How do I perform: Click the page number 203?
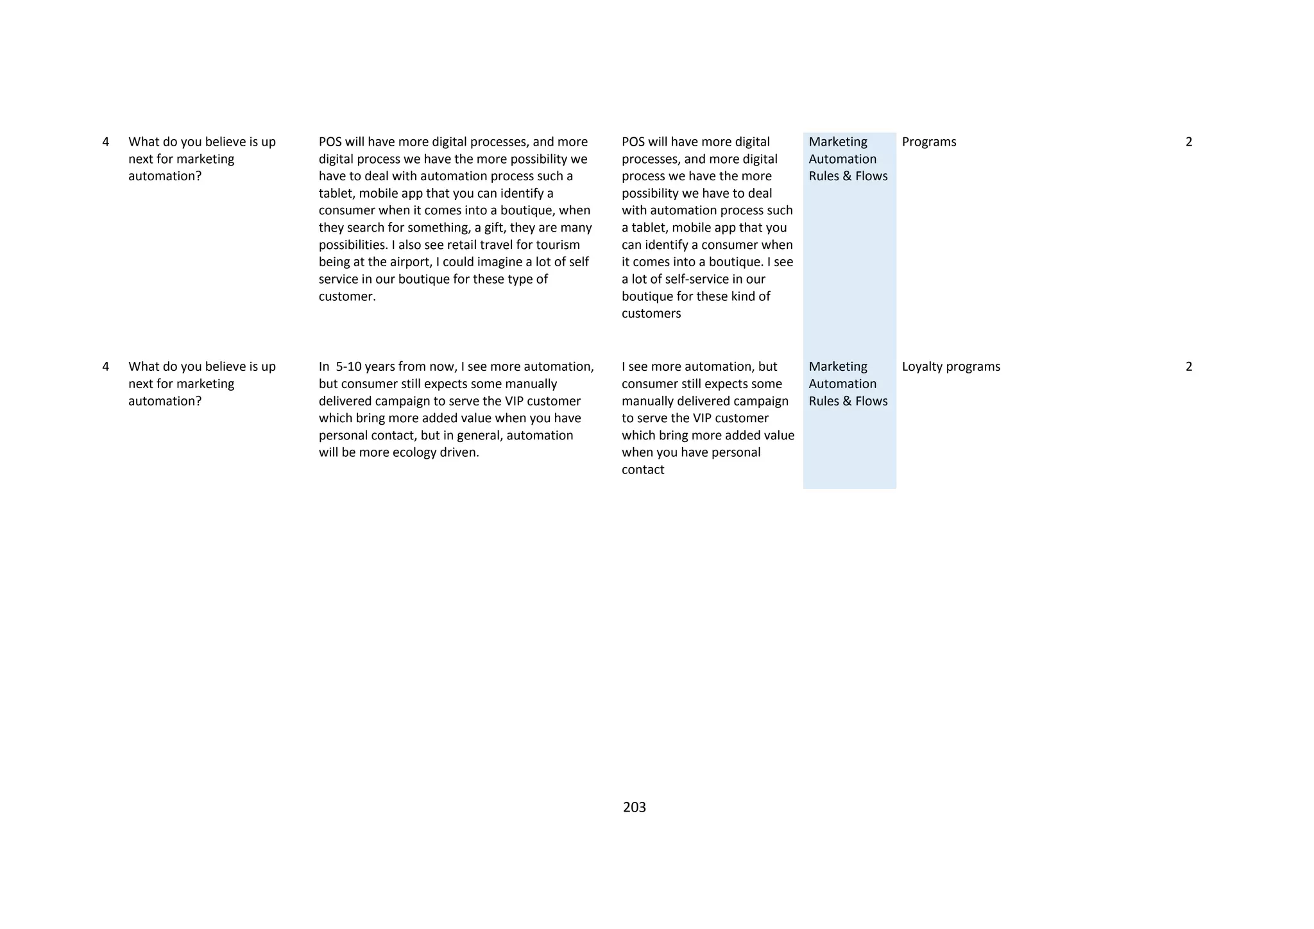[634, 807]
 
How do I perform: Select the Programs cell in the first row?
[928, 142]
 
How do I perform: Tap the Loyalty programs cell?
[950, 366]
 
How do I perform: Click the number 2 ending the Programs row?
[1188, 142]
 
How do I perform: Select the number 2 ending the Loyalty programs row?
[1188, 366]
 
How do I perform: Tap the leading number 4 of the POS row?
[105, 142]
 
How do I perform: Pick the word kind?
[744, 296]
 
